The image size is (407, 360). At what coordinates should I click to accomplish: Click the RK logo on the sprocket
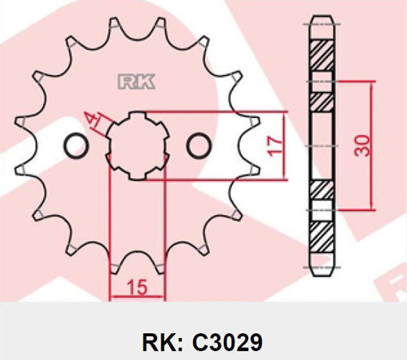(136, 81)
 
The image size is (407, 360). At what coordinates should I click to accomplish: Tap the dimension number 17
(274, 147)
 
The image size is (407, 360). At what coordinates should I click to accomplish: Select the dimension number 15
(138, 287)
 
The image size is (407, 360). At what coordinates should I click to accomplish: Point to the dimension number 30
(362, 146)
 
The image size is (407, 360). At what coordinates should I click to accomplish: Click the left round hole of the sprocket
(77, 145)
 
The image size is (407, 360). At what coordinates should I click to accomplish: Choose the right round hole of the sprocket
(199, 145)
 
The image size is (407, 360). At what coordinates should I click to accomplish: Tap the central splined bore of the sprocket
(138, 146)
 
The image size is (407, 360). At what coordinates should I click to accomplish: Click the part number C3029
(227, 342)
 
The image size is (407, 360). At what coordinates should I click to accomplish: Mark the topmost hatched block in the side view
(322, 55)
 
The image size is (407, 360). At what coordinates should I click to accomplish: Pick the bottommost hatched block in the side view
(322, 237)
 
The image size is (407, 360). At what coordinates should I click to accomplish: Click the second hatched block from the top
(322, 102)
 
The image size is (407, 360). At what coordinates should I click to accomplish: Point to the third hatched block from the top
(322, 190)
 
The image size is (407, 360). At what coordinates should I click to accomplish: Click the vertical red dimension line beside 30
(372, 146)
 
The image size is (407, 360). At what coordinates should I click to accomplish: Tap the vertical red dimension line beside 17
(284, 146)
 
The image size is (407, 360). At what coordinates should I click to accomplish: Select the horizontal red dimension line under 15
(138, 296)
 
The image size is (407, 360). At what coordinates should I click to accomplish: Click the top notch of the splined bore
(138, 115)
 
